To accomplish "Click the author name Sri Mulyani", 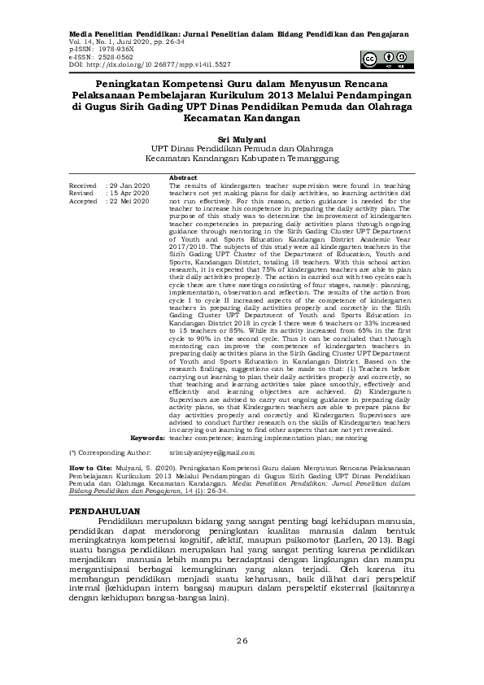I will (x=242, y=139).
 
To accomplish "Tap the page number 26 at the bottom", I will (x=242, y=641).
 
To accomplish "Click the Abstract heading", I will (x=183, y=177).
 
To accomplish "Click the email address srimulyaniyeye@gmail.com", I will (x=211, y=452).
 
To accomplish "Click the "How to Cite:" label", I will (x=90, y=470).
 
